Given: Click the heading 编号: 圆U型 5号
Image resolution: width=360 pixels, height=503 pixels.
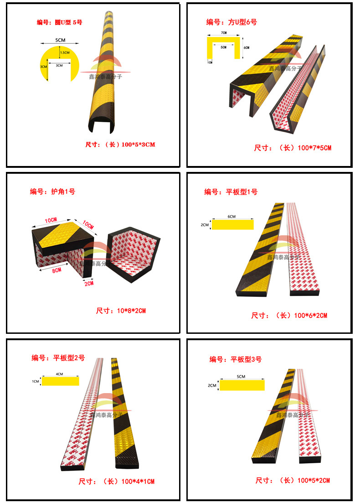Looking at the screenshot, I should click(59, 22).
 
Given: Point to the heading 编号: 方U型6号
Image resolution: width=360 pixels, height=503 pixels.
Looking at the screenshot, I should click(232, 22).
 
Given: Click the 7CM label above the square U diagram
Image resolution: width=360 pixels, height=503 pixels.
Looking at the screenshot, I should click(223, 33).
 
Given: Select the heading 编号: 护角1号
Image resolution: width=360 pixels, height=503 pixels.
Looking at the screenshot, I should click(52, 192).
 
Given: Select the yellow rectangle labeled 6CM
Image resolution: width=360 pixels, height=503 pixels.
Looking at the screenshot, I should click(232, 225).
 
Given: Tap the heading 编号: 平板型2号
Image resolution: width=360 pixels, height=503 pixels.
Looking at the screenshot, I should click(58, 358).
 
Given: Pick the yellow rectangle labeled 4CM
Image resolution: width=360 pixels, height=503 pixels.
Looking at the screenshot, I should click(60, 381).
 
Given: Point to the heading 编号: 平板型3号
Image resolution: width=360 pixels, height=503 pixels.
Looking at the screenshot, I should click(236, 359).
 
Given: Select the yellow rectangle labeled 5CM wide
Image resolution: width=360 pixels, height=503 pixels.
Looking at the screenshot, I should click(242, 385).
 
